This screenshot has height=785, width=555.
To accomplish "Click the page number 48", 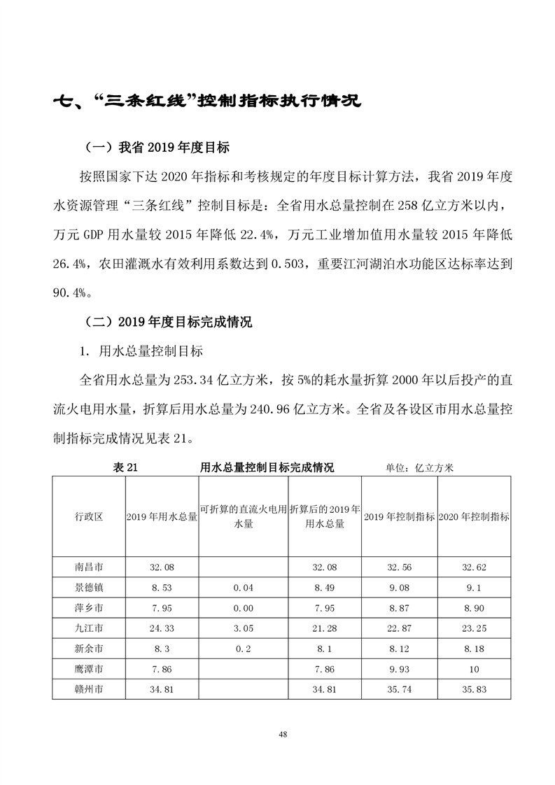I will (x=282, y=734).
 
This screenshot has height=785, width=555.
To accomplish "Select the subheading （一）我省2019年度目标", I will (x=157, y=148).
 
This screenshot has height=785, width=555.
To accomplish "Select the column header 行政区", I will (x=89, y=516).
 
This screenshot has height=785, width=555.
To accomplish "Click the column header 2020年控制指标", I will (x=473, y=516).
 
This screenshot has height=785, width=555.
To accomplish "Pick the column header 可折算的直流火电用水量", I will (x=243, y=516).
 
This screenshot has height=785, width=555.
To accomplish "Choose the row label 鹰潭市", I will (x=89, y=669).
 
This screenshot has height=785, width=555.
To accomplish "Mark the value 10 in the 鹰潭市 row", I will (x=473, y=669).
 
